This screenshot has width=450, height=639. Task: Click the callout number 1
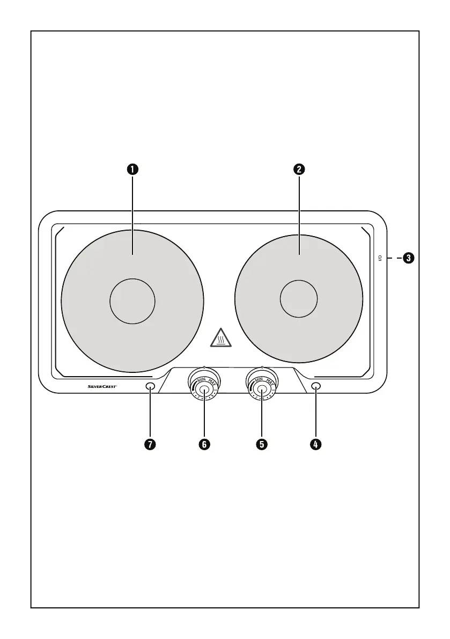pos(132,169)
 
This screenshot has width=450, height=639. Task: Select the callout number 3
pos(409,258)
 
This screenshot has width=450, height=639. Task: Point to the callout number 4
pos(316,444)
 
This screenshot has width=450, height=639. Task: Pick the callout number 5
pos(261,444)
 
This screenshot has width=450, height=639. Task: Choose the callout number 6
pos(204,444)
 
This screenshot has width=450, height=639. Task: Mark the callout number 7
pos(150,444)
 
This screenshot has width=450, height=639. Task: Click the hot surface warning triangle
pos(221,339)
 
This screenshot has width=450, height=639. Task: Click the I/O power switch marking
pos(380,258)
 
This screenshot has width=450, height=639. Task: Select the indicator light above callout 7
pos(150,386)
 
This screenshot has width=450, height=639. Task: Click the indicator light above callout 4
pos(316,386)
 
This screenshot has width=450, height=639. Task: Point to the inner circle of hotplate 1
pos(132,301)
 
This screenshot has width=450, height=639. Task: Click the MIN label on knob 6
pos(202,380)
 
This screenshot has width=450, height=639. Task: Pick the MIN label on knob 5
pos(259,380)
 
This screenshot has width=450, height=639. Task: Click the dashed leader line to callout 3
pos(394,258)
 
